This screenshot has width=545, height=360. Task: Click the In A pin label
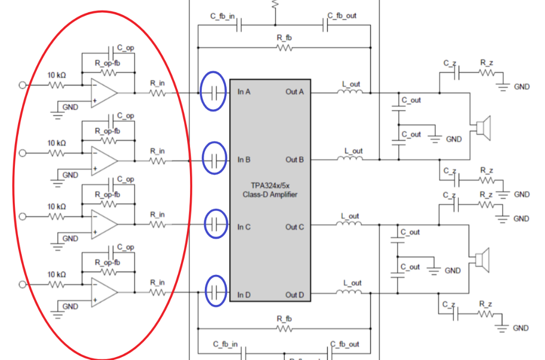point(244,92)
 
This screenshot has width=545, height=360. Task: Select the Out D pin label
point(294,295)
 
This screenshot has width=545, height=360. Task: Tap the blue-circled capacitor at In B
point(214,159)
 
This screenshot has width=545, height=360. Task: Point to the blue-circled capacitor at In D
point(215,291)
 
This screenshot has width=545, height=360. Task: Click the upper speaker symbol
point(482,128)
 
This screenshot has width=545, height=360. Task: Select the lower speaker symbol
point(482,260)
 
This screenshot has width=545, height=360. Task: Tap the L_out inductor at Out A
point(349,92)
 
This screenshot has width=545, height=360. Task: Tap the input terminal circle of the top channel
point(22,85)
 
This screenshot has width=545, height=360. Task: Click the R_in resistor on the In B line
point(158,160)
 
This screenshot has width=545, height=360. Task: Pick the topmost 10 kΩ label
point(56,76)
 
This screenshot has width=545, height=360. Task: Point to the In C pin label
point(244,227)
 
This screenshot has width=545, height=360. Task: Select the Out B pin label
point(294,160)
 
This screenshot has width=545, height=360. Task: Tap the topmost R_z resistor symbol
point(486,72)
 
